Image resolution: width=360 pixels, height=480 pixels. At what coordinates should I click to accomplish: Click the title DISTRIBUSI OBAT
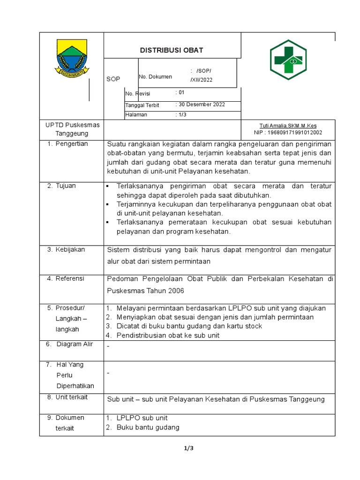[x=172, y=51]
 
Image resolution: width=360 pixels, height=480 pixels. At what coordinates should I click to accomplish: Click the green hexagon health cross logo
[x=288, y=60]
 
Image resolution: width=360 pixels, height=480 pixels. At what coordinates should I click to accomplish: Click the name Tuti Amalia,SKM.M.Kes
[x=288, y=126]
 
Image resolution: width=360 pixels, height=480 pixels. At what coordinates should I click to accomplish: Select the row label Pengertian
[x=71, y=144]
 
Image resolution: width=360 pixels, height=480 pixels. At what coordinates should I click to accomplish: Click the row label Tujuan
[x=65, y=186]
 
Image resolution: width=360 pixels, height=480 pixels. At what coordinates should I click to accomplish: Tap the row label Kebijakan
[x=70, y=250]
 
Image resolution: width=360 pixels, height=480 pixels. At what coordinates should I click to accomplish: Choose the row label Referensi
[x=69, y=278]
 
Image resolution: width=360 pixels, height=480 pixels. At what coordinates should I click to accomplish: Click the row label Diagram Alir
[x=75, y=344]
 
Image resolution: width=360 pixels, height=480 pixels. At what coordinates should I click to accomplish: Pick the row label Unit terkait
[x=71, y=397]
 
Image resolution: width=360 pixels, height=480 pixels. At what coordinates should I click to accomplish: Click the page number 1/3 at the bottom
[x=188, y=448]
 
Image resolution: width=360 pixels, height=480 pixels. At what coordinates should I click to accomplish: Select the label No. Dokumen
[x=155, y=77]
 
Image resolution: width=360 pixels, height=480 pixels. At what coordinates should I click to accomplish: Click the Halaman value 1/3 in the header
[x=181, y=114]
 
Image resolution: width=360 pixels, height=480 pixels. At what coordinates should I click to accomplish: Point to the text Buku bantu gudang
[x=148, y=427]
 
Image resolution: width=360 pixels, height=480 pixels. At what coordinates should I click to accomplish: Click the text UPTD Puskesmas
[x=67, y=125]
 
